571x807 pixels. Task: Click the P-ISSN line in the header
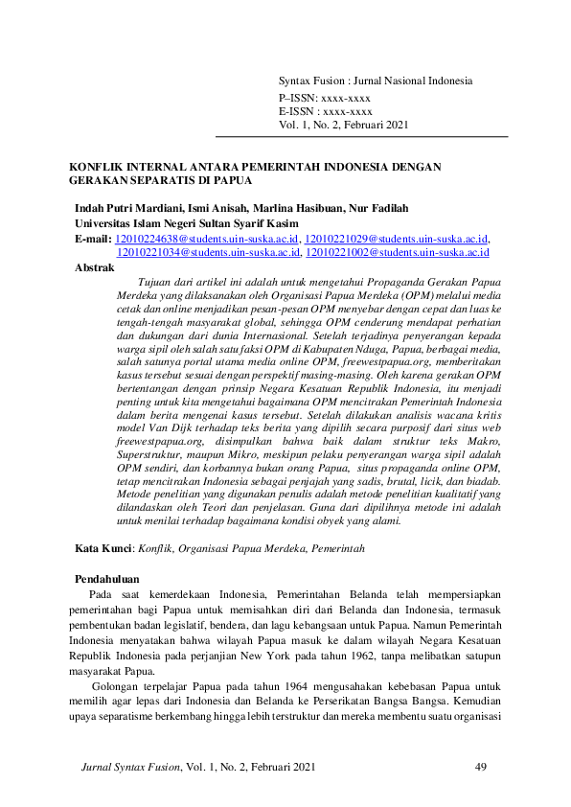(x=324, y=99)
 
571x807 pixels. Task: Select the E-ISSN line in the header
(x=325, y=112)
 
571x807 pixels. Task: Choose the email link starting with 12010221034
(x=207, y=252)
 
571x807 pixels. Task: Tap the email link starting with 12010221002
(x=397, y=252)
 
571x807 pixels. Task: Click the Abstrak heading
(x=94, y=268)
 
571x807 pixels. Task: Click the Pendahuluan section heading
(x=107, y=579)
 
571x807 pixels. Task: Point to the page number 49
(x=482, y=768)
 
